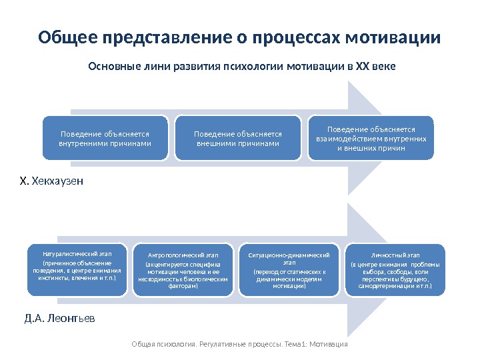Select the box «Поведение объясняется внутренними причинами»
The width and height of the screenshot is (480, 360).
point(105,139)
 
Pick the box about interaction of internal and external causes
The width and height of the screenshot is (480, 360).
point(371,138)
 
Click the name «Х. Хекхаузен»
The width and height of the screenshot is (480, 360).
point(51,181)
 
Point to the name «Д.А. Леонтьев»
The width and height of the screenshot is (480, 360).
point(59,318)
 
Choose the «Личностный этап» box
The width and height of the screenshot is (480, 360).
point(395,270)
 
